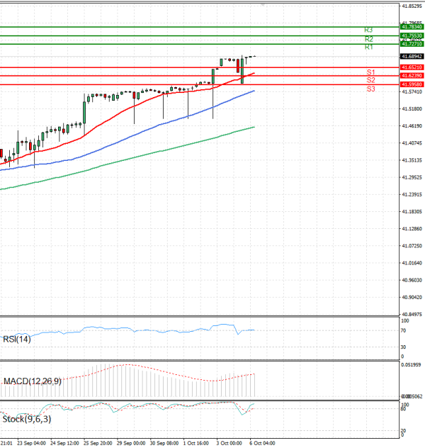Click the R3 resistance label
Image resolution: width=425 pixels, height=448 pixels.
[x=368, y=30]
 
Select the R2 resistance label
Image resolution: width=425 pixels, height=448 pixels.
[x=368, y=39]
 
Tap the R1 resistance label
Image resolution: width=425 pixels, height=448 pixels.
[x=368, y=47]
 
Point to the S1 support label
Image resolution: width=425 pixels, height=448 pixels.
[x=370, y=72]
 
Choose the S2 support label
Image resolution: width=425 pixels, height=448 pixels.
[x=370, y=81]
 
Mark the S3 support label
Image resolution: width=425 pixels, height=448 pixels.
[x=370, y=89]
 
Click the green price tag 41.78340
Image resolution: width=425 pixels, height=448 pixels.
[x=412, y=27]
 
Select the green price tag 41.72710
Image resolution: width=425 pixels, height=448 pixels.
[x=412, y=44]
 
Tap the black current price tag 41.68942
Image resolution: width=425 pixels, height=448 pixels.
[x=412, y=56]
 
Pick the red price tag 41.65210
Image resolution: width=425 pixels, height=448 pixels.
[x=412, y=67]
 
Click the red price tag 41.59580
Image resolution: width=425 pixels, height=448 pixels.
[x=412, y=84]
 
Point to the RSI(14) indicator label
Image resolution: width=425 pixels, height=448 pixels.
[x=17, y=339]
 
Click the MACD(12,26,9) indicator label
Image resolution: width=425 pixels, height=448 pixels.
[x=32, y=381]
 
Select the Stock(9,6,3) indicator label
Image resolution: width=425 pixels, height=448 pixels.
[x=27, y=419]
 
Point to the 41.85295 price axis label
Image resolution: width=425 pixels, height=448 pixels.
[x=412, y=6]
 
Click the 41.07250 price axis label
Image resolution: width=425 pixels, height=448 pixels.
[x=412, y=246]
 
